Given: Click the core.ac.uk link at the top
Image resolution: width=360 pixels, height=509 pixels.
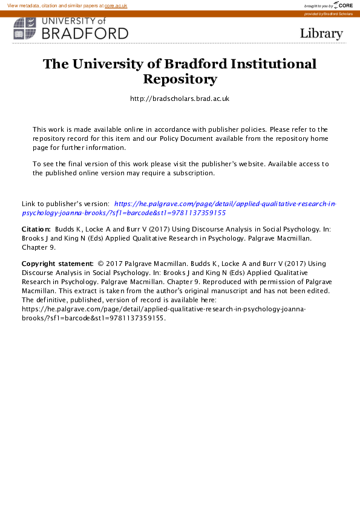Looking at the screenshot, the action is tap(116, 5).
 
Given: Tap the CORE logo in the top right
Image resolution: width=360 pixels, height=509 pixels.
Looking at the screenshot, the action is tap(345, 5).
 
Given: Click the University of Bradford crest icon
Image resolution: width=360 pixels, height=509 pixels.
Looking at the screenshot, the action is tap(25, 28).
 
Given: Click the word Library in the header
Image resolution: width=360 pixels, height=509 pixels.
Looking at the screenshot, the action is tap(321, 33).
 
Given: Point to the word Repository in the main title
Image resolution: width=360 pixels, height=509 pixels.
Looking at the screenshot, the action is tap(180, 79).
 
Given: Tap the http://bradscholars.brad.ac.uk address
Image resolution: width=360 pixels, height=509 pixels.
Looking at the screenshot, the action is tap(180, 99).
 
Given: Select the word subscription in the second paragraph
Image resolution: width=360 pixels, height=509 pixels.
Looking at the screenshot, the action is tap(194, 172).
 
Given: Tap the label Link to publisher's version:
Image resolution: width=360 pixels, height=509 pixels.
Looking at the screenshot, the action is tap(65, 204).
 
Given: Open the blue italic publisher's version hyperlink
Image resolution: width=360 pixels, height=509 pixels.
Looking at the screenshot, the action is tap(224, 204).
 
